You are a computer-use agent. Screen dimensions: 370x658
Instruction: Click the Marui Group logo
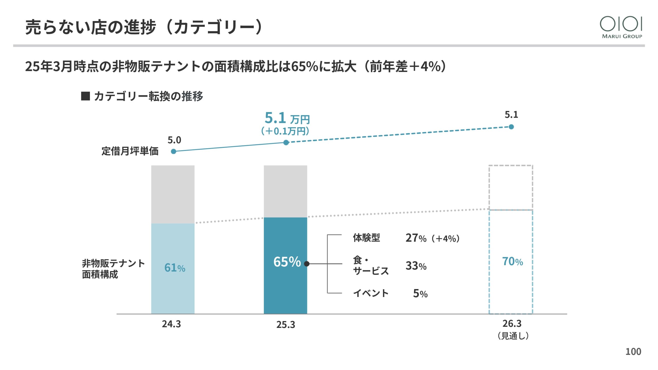pyautogui.click(x=622, y=27)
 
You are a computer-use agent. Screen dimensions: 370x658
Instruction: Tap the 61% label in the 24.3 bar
pyautogui.click(x=175, y=268)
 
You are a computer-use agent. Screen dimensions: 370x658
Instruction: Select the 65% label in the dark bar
pyautogui.click(x=287, y=262)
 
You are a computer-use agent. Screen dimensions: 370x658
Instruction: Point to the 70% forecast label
pyautogui.click(x=513, y=262)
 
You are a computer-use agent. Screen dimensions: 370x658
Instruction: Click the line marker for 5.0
pyautogui.click(x=173, y=152)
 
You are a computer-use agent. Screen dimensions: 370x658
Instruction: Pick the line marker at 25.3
pyautogui.click(x=286, y=143)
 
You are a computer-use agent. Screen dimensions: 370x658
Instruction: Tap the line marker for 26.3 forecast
pyautogui.click(x=511, y=127)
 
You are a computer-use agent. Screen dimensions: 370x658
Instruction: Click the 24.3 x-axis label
pyautogui.click(x=171, y=324)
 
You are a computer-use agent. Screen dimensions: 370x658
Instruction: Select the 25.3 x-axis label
pyautogui.click(x=286, y=325)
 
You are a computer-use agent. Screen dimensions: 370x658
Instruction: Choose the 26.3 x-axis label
pyautogui.click(x=512, y=323)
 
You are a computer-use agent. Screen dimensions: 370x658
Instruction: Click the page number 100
pyautogui.click(x=633, y=351)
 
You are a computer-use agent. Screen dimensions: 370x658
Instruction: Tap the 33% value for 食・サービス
pyautogui.click(x=416, y=266)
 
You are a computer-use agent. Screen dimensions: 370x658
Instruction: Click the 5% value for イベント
pyautogui.click(x=420, y=293)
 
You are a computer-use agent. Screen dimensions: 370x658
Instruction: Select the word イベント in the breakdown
pyautogui.click(x=371, y=293)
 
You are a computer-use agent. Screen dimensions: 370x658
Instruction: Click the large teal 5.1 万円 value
pyautogui.click(x=287, y=118)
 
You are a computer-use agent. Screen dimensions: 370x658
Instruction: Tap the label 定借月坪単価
pyautogui.click(x=130, y=151)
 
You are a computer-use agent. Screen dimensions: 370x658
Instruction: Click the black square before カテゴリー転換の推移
pyautogui.click(x=85, y=96)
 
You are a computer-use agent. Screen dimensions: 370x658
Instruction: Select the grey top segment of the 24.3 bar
pyautogui.click(x=173, y=194)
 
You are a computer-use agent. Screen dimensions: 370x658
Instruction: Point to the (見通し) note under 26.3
pyautogui.click(x=513, y=336)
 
